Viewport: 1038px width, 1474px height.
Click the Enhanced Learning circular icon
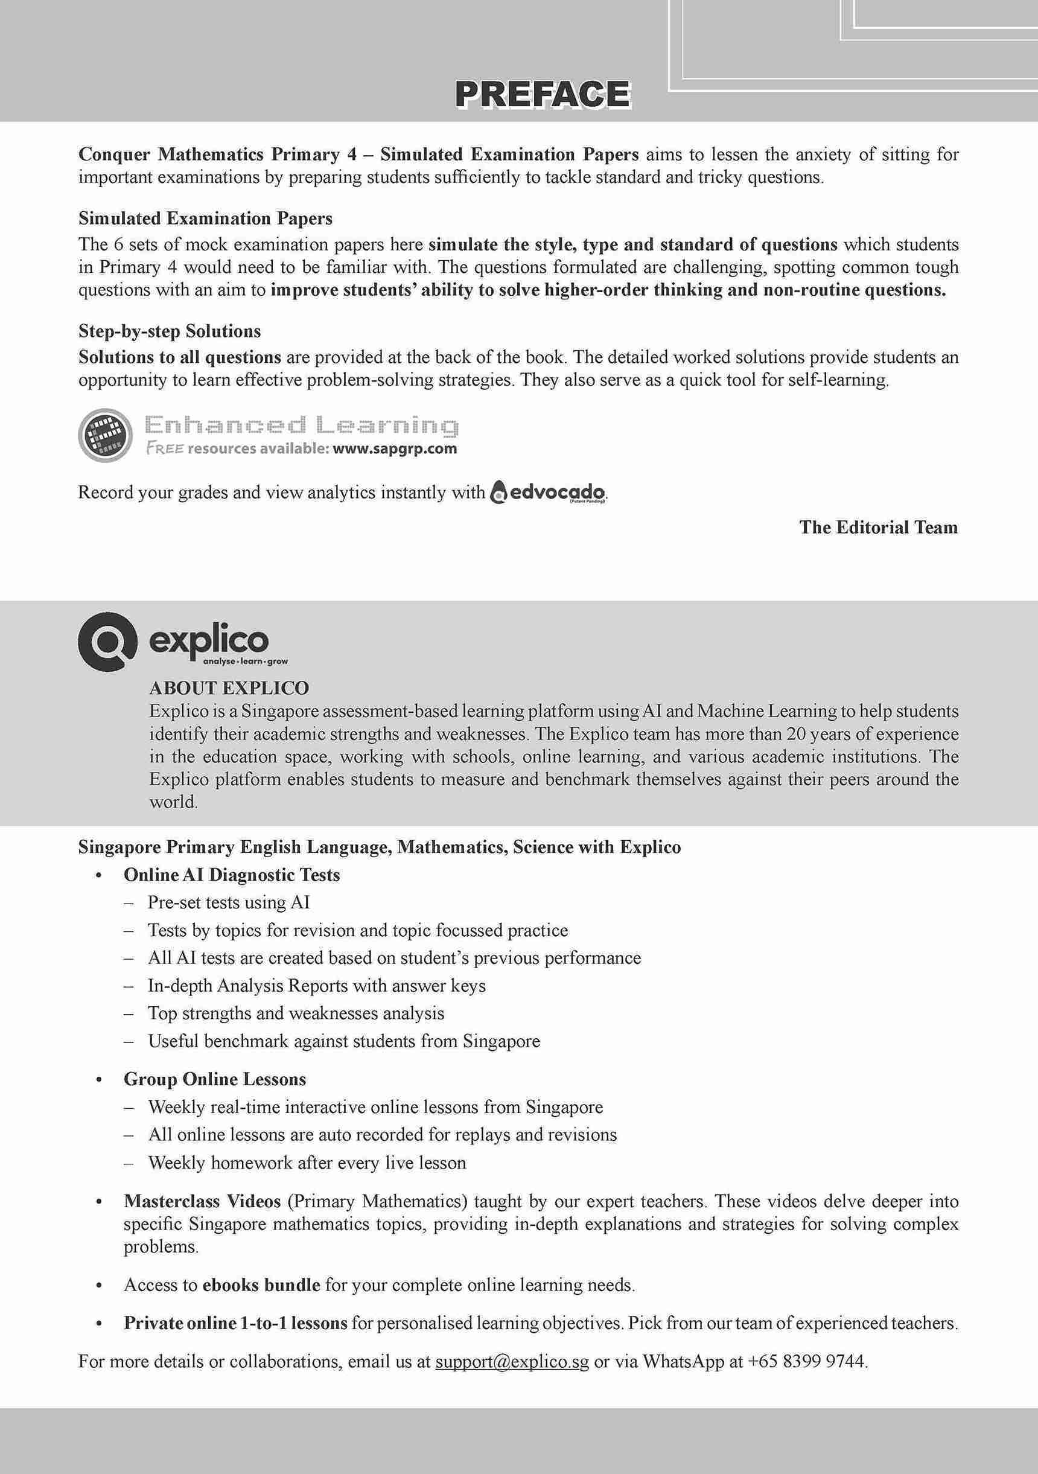click(x=105, y=435)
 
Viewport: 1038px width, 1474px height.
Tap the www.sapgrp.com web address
click(x=395, y=448)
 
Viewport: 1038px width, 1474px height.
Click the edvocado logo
click(x=547, y=493)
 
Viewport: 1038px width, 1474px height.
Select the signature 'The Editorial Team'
click(x=878, y=527)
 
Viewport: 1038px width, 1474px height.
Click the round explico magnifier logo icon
click(x=107, y=640)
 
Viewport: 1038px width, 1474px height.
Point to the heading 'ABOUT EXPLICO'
click(x=229, y=688)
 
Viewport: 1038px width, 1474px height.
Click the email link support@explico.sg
click(x=512, y=1361)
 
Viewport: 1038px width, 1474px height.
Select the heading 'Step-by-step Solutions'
click(x=170, y=331)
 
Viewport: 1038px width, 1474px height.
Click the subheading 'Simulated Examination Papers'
click(x=205, y=219)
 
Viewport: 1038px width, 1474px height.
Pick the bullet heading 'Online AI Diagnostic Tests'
click(x=232, y=875)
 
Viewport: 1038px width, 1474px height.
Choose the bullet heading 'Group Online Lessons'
click(x=215, y=1079)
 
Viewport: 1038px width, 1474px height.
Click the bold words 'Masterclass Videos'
click(x=202, y=1201)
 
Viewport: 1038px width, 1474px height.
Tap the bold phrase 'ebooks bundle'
click(x=261, y=1284)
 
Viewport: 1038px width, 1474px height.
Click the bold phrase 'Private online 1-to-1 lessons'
click(x=235, y=1323)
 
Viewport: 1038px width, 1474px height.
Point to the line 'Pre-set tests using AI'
click(x=229, y=902)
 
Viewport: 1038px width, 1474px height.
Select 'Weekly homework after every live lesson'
click(x=307, y=1163)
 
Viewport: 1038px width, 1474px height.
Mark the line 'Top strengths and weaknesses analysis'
click(x=296, y=1013)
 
